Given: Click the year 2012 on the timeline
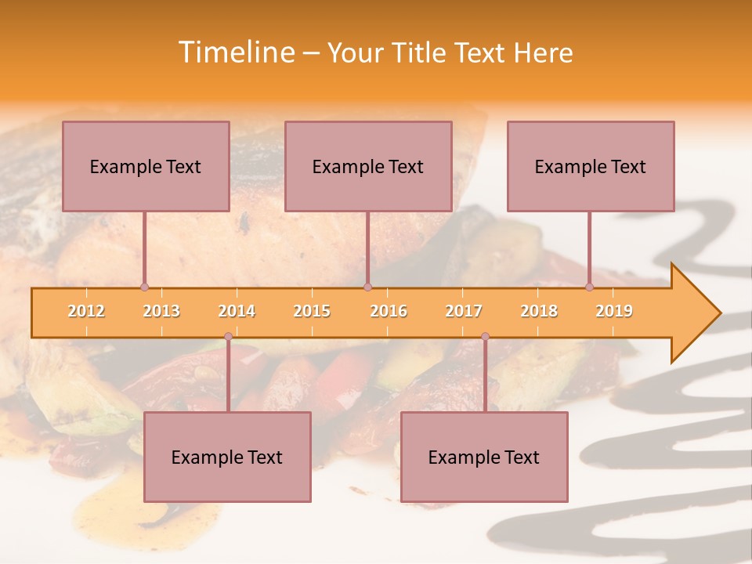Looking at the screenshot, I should [86, 311].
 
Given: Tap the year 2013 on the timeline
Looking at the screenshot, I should [161, 311].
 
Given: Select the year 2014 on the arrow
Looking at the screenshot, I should [237, 311].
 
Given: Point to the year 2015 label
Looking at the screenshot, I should [312, 311].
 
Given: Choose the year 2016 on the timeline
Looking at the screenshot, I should [389, 311].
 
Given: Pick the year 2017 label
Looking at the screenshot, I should [464, 311].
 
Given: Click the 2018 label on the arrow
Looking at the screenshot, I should [539, 311].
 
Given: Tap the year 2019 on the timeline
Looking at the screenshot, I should [614, 311].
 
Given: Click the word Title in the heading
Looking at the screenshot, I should [420, 52].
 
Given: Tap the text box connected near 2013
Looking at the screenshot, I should [146, 166].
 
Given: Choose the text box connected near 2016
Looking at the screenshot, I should [368, 166].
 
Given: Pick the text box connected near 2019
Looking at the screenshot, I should [591, 166].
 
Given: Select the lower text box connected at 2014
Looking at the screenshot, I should [227, 457].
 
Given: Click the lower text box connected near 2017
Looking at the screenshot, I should [484, 457].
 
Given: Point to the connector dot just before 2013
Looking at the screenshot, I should [144, 287].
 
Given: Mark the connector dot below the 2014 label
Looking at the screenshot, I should [228, 337].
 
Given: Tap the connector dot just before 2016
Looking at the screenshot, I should [367, 287].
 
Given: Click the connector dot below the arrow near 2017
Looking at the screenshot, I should [485, 337].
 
